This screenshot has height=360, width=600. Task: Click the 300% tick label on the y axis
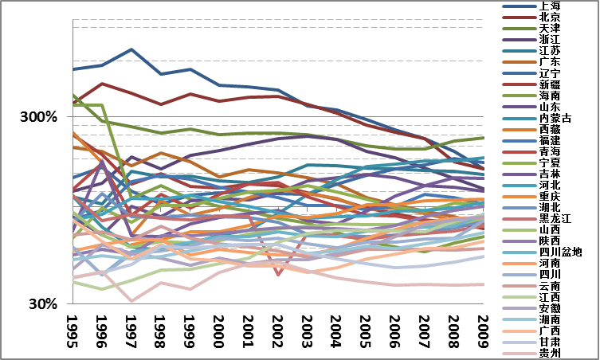[x=39, y=117]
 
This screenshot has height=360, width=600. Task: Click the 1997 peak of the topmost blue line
[x=131, y=49]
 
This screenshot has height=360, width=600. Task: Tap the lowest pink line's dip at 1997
[x=131, y=301]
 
